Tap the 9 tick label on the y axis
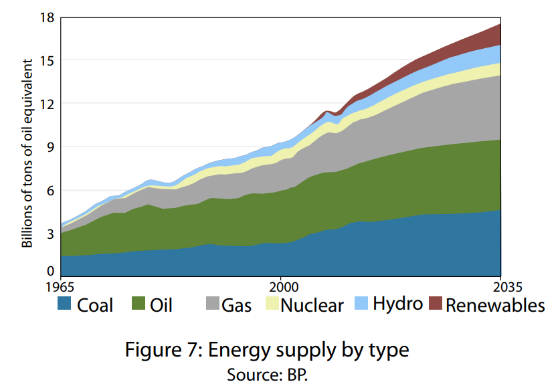pos(49,147)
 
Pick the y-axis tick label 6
pos(49,190)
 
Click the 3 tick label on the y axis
pos(49,233)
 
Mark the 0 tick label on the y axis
pos(49,271)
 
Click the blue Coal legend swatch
pos(64,304)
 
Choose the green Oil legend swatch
pos(139,304)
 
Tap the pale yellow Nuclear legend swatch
pos(272,304)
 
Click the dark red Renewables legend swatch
pos(435,304)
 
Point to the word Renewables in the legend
pos(495,306)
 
